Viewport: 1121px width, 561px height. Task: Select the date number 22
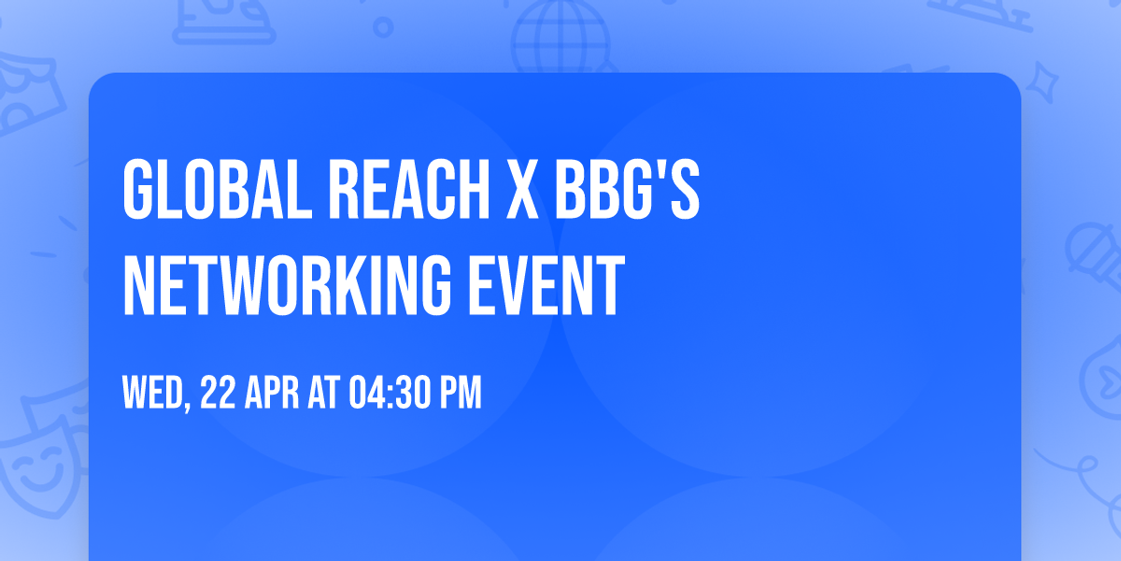218,393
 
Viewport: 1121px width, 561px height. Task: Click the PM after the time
461,393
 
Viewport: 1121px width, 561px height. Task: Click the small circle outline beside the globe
382,27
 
